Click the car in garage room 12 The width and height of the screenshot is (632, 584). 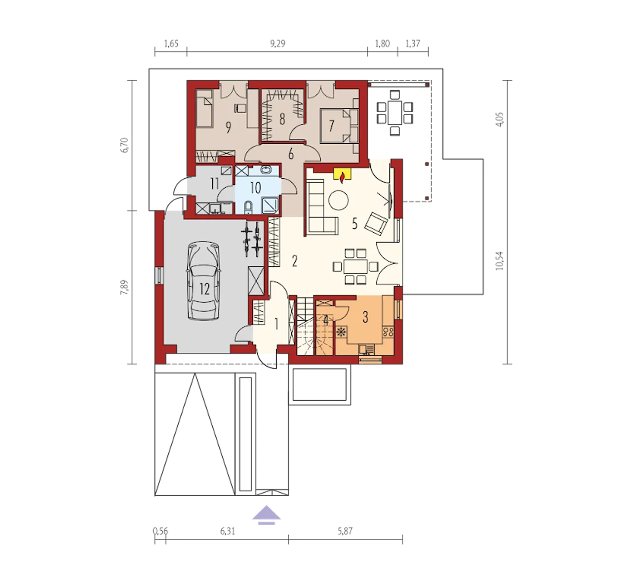203,281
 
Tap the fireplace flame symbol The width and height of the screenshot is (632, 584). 342,178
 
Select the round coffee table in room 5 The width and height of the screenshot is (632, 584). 338,200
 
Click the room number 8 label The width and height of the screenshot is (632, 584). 282,119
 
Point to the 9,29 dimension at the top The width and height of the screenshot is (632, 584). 277,43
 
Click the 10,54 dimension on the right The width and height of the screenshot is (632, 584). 500,261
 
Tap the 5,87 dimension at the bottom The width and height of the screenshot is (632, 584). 345,531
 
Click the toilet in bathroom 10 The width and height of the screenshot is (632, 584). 248,208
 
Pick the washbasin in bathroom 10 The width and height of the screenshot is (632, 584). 265,170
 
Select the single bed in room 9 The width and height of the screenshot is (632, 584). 204,109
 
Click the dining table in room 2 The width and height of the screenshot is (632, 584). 355,266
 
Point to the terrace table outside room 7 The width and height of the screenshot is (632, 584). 395,113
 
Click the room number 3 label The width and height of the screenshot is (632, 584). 365,317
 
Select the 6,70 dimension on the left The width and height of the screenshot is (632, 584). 125,145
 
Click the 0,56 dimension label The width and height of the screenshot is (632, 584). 160,531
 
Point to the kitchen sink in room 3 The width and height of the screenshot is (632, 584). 366,350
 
